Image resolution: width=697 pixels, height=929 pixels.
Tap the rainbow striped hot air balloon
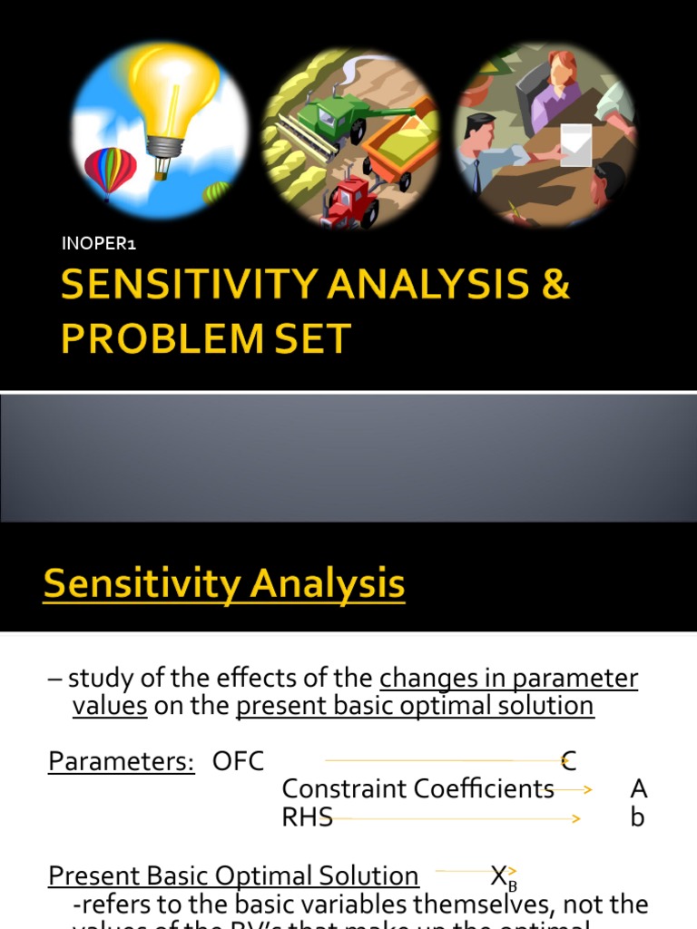(x=110, y=169)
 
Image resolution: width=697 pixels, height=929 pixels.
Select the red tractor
(x=352, y=201)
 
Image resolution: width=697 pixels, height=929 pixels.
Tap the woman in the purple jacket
(x=555, y=91)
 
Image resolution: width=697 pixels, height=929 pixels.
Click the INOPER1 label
(x=98, y=243)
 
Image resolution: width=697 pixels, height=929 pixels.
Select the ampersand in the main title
(x=553, y=285)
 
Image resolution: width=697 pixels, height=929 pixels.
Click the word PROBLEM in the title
(x=165, y=338)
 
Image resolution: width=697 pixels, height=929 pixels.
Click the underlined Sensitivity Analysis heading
(x=223, y=582)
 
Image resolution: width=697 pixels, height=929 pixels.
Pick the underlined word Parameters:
(x=122, y=761)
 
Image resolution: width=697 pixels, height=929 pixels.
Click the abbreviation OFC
(x=238, y=761)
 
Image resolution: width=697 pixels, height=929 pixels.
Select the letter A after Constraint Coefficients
(x=638, y=789)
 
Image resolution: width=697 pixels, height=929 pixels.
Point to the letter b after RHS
(x=637, y=817)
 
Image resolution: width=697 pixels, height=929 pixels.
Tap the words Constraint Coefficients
(x=417, y=789)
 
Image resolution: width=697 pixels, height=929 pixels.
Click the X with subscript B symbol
(x=503, y=877)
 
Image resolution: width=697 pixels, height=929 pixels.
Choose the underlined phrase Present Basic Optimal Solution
(x=233, y=876)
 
